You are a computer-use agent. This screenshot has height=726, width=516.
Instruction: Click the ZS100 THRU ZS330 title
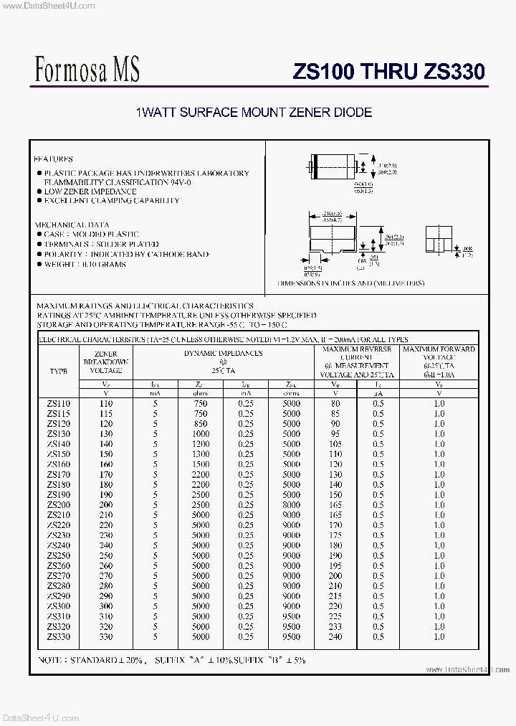point(388,72)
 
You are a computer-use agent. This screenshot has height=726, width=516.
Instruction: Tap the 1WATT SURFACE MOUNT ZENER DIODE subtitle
point(254,113)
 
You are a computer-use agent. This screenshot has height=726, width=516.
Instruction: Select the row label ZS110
point(59,404)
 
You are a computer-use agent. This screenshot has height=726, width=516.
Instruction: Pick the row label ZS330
point(59,636)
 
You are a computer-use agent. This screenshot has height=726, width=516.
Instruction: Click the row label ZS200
point(59,505)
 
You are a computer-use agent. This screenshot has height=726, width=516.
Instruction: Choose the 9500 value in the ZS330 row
point(291,636)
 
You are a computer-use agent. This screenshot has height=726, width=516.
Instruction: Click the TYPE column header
point(59,372)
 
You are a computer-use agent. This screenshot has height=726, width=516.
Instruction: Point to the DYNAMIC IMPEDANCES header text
point(223,353)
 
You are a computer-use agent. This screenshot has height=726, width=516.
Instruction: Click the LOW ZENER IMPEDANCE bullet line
point(90,192)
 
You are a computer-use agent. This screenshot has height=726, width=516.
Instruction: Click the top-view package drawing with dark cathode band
point(334,166)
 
